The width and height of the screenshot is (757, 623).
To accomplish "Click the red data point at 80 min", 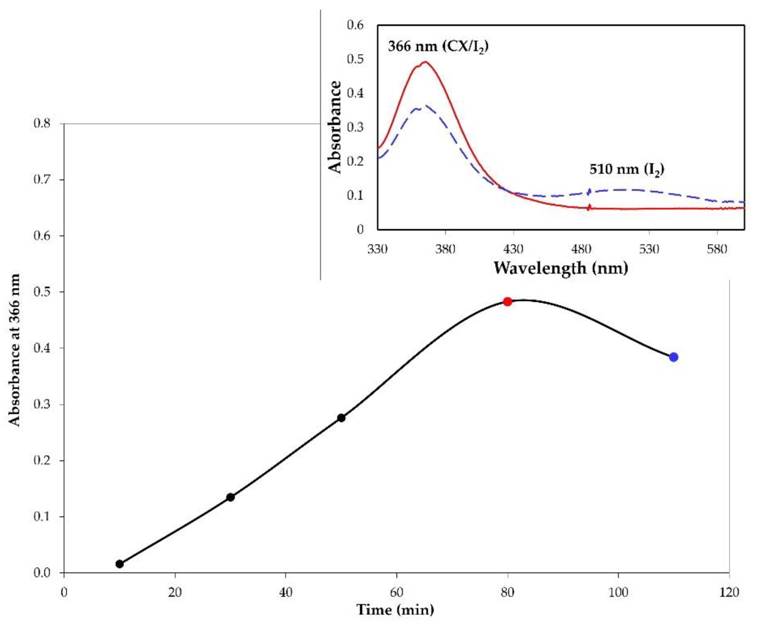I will click(x=507, y=301).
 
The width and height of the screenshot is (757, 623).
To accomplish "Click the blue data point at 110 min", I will click(x=673, y=357).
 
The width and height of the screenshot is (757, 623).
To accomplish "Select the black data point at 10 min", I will click(x=120, y=564).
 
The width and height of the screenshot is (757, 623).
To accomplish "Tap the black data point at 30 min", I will click(x=230, y=497).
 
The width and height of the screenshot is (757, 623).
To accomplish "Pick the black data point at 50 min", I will click(x=341, y=418).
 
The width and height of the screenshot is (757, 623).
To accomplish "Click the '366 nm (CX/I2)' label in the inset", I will click(x=438, y=47).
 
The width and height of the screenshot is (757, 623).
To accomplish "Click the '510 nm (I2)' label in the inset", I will click(x=627, y=169).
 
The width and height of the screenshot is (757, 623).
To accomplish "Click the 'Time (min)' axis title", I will click(x=395, y=609).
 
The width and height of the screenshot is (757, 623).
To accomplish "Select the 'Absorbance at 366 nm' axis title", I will click(x=14, y=350).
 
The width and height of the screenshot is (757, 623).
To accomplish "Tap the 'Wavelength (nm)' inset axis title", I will click(x=561, y=268).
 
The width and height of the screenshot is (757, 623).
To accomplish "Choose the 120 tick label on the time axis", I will click(x=729, y=592).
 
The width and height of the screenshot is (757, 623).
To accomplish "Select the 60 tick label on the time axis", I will click(x=397, y=592).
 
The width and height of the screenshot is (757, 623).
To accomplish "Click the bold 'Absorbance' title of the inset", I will click(x=335, y=127).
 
